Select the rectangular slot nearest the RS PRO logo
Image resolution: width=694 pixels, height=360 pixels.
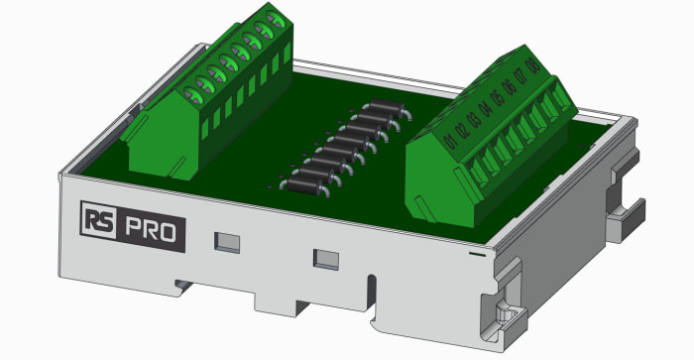(227, 240)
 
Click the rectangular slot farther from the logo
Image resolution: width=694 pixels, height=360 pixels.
(324, 259)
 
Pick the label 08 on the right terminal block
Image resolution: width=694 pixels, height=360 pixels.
(533, 65)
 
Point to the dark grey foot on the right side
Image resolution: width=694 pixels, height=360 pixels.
(631, 212)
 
